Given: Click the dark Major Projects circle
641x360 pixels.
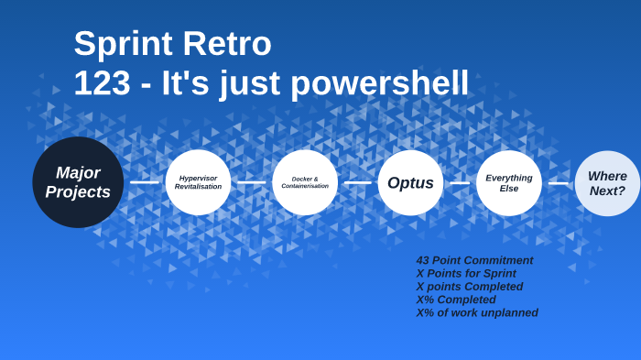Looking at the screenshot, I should pyautogui.click(x=78, y=182).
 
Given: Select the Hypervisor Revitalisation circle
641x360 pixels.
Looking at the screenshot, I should pyautogui.click(x=198, y=182).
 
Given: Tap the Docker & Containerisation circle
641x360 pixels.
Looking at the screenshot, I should pyautogui.click(x=305, y=182).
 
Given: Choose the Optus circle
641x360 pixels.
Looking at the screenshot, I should pyautogui.click(x=410, y=182).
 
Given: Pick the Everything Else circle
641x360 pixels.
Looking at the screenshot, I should pyautogui.click(x=509, y=182).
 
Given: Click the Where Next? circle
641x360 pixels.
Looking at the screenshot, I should pyautogui.click(x=607, y=183).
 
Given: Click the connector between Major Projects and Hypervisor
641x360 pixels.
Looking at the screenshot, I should pyautogui.click(x=145, y=182).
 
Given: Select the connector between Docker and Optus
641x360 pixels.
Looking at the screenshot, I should pyautogui.click(x=357, y=182).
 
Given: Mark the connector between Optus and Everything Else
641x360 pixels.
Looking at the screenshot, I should pyautogui.click(x=460, y=182).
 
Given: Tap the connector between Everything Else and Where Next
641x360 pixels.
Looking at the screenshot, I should pyautogui.click(x=558, y=182).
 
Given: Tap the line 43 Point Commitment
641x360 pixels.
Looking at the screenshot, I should pyautogui.click(x=474, y=260).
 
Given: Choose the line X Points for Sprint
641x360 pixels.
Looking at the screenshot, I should pyautogui.click(x=466, y=273).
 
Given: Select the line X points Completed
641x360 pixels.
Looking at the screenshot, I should pyautogui.click(x=470, y=286).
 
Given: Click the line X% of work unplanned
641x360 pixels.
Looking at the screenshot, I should pyautogui.click(x=477, y=312).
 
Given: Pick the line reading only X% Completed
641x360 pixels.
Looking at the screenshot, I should pyautogui.click(x=456, y=300).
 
